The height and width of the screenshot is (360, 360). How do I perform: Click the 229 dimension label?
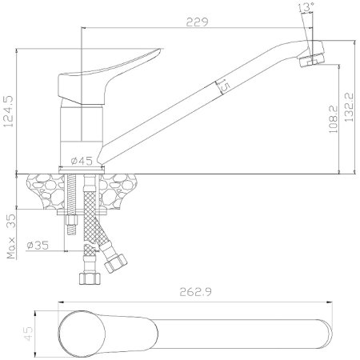(197, 22)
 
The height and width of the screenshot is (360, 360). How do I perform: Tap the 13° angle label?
(306, 6)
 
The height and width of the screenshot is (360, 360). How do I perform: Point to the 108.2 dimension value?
(333, 119)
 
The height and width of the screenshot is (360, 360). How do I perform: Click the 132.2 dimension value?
(349, 107)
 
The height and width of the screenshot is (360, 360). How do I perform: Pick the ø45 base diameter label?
(82, 161)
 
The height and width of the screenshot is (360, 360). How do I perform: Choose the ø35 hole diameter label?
(38, 245)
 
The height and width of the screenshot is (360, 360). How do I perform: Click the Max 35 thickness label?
(11, 237)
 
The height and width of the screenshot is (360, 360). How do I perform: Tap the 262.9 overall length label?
(195, 292)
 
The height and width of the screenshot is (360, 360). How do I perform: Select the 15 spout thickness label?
(224, 86)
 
